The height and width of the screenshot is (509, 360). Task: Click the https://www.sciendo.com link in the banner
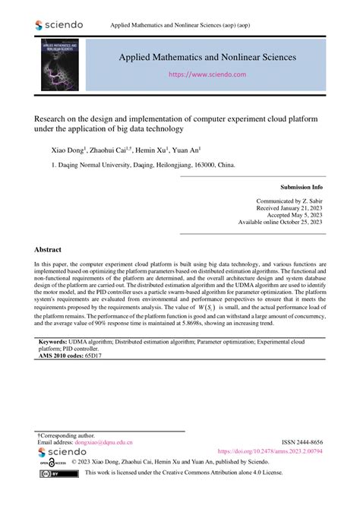click(x=207, y=75)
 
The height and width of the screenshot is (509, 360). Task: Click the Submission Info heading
click(x=301, y=186)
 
